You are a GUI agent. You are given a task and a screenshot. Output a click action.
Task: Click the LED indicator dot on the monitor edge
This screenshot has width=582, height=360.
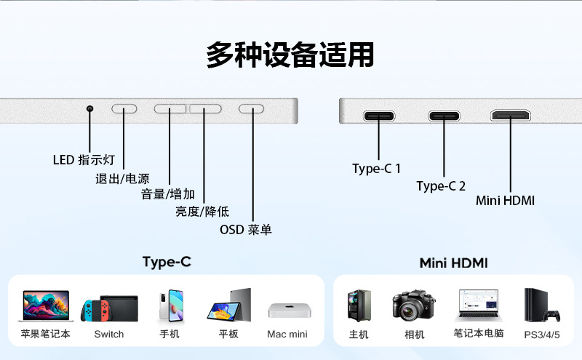pos(90,109)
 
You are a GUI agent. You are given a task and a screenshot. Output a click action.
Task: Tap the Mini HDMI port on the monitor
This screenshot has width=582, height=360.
pos(511,116)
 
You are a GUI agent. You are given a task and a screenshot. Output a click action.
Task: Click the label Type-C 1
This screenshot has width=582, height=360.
pos(376,169)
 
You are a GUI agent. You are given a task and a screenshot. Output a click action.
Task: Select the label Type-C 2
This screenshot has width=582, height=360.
pos(441,186)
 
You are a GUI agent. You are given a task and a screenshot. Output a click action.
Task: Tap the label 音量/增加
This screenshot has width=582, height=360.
pos(168,194)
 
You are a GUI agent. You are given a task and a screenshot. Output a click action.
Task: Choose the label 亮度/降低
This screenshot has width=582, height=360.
pos(202,212)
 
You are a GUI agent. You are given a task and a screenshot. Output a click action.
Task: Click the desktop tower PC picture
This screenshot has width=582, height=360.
pos(359,306)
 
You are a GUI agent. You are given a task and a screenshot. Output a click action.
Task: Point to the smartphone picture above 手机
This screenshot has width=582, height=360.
pos(169,306)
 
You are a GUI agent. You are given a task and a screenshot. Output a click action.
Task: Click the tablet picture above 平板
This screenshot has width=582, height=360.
pos(229,305)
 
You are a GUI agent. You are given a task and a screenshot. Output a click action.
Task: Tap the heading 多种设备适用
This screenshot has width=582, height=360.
pos(290,55)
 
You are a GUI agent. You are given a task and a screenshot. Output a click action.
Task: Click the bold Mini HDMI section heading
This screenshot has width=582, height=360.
pos(453,263)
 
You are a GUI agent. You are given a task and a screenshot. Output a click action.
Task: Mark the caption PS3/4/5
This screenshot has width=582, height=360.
pos(542,335)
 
